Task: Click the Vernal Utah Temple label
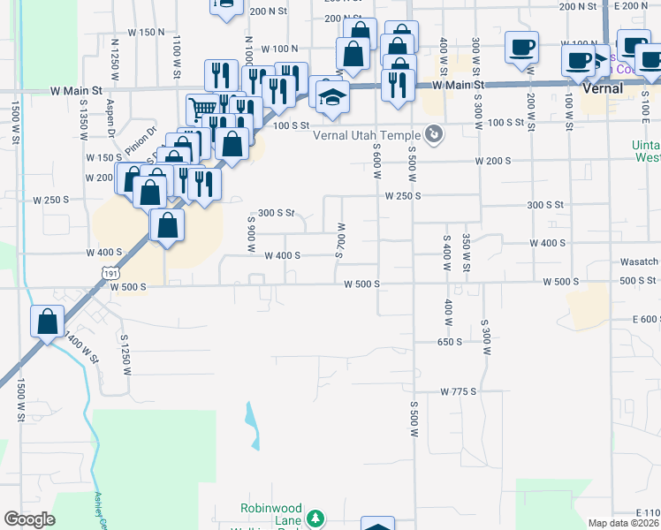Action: click(x=368, y=134)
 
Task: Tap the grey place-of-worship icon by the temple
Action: click(x=434, y=134)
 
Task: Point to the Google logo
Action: click(x=29, y=519)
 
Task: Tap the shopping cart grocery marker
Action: click(x=201, y=110)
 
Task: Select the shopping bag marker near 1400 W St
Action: click(x=48, y=321)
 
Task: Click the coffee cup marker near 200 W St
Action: click(x=521, y=46)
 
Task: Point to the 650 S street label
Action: click(x=449, y=341)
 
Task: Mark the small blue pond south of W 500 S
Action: click(x=253, y=423)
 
